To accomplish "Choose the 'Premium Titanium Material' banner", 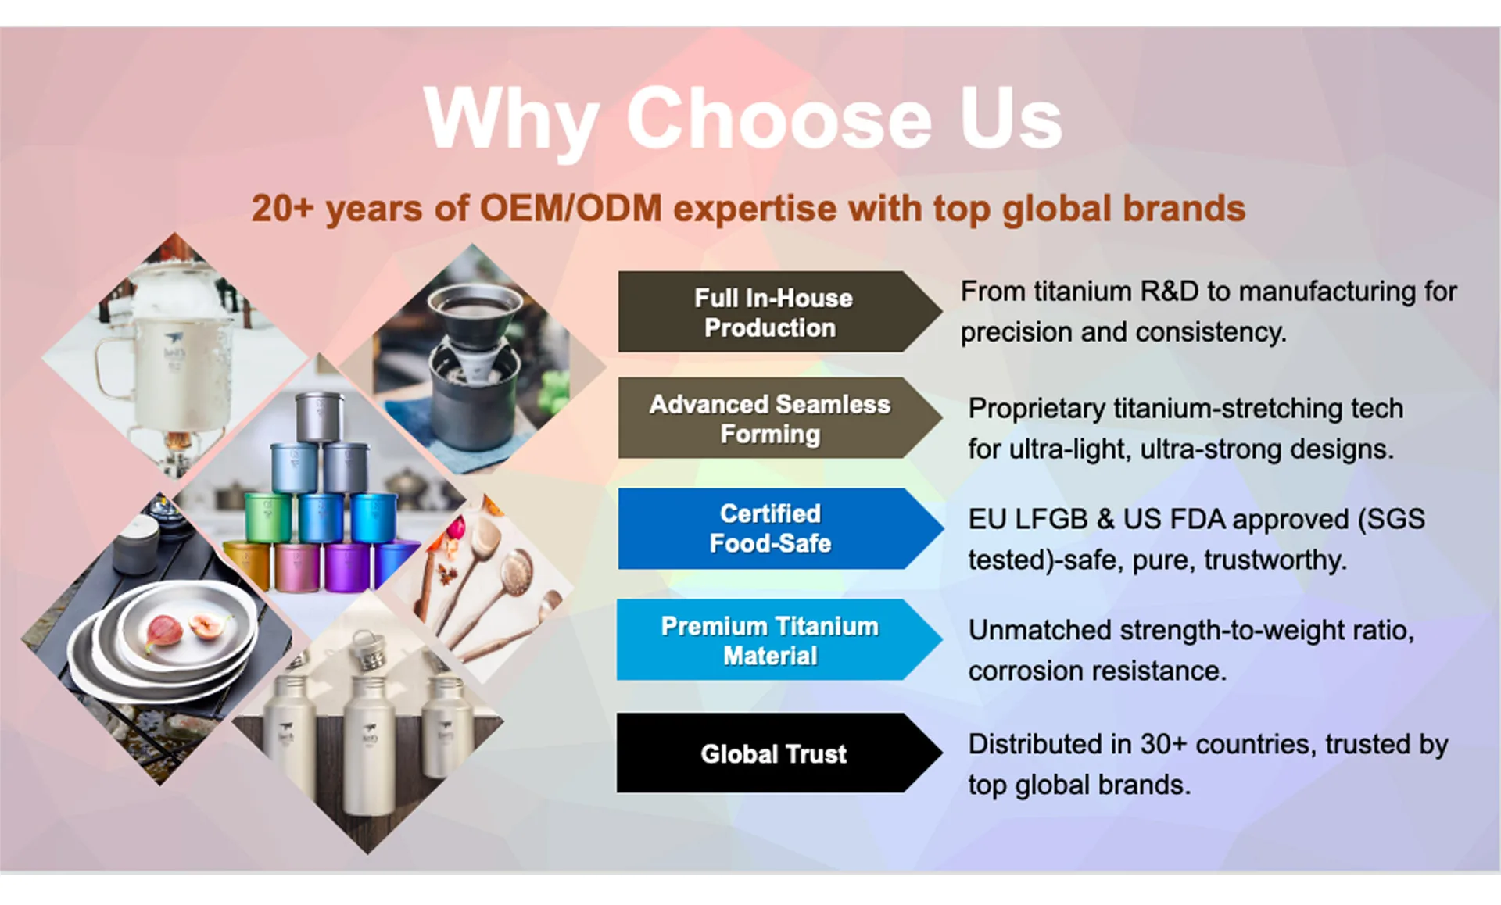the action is point(779,640).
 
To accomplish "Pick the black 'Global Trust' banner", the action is point(779,753).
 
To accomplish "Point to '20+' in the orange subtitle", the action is point(282,209).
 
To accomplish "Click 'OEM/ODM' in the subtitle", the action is point(571,209).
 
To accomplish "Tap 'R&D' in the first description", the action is point(1170,292).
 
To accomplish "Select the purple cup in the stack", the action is point(346,565).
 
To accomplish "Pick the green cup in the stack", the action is point(268,516).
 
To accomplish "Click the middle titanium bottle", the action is point(369,735).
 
